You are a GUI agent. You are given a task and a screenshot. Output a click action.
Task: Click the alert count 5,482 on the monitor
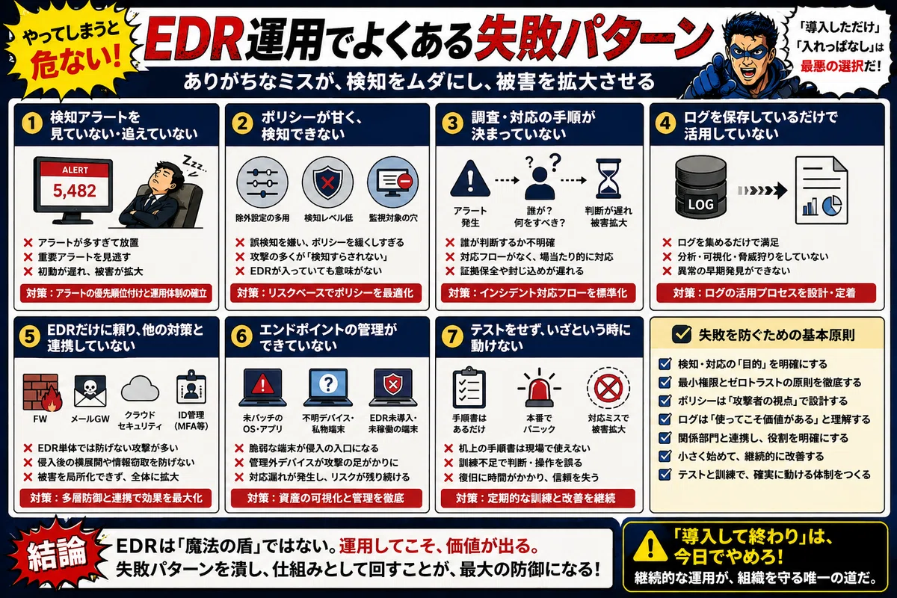[x=75, y=191]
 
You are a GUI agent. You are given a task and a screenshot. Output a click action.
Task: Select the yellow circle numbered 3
[x=452, y=123]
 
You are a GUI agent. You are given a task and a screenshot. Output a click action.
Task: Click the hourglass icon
[x=608, y=179]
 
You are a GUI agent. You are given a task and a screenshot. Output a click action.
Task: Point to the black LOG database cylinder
[x=701, y=187]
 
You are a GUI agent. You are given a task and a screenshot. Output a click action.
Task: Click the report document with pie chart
[x=822, y=191]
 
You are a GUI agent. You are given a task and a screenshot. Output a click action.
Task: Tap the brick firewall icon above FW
[x=42, y=392]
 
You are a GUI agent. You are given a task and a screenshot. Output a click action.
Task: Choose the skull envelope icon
[x=90, y=391]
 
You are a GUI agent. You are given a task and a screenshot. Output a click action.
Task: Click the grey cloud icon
[x=140, y=388]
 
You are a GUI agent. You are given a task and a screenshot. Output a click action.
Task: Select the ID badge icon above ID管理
[x=191, y=387]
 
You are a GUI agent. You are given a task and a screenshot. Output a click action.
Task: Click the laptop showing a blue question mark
[x=328, y=387]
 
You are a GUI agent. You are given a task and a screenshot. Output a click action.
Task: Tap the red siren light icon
[x=539, y=388]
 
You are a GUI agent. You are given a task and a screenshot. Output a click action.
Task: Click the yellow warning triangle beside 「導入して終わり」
[x=651, y=546]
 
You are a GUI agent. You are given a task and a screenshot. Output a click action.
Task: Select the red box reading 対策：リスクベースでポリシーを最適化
[x=325, y=293]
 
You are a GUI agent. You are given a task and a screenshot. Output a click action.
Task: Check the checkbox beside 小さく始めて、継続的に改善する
[x=665, y=456]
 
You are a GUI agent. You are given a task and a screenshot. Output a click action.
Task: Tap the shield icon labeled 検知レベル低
[x=327, y=182]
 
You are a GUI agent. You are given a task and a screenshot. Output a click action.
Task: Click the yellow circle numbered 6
[x=241, y=336]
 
